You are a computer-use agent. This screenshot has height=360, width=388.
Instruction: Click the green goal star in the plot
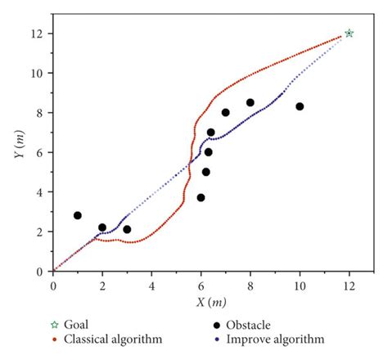[x=350, y=34]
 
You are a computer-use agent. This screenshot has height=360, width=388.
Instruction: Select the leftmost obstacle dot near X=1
[x=78, y=215]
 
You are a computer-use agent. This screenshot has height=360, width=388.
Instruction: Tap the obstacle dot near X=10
[x=300, y=106]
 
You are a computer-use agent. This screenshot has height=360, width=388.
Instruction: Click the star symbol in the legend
[x=55, y=325]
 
